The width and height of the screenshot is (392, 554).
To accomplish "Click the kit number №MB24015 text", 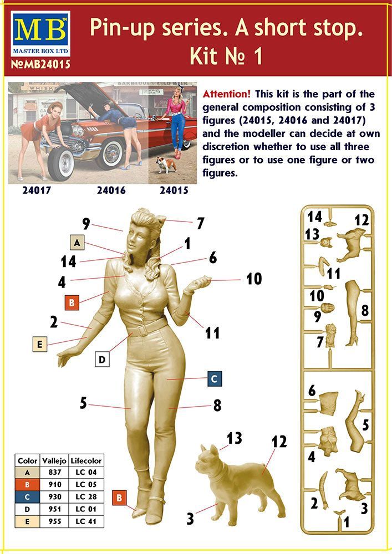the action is pos(40,64).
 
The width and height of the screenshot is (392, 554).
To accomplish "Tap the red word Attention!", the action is pos(227,94).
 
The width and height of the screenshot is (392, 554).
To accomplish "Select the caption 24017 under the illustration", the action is pos(37,190).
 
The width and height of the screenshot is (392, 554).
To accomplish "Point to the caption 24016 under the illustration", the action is pos(111,190).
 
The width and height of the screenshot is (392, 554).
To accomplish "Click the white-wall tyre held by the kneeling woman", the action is pos(60,163).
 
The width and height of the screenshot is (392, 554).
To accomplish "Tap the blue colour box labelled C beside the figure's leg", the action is pos(214,379).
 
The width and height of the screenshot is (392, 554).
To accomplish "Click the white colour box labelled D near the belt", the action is pos(102,360).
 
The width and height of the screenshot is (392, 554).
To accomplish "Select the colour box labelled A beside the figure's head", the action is pos(77,243).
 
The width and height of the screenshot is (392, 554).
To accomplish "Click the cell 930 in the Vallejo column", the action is pos(54,496).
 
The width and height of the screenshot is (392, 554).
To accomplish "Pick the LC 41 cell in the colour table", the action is pos(86,521).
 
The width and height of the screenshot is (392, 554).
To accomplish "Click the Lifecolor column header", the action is pos(86,461).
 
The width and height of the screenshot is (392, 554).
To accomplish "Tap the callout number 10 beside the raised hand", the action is pos(254,279).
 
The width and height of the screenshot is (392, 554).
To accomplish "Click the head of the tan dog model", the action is pos(208,459).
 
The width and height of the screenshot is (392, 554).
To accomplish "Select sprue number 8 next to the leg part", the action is pos(365,311).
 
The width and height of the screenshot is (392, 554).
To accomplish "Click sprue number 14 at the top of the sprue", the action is pos(314,216).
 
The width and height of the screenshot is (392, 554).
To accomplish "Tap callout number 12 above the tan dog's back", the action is pos(279,442).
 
